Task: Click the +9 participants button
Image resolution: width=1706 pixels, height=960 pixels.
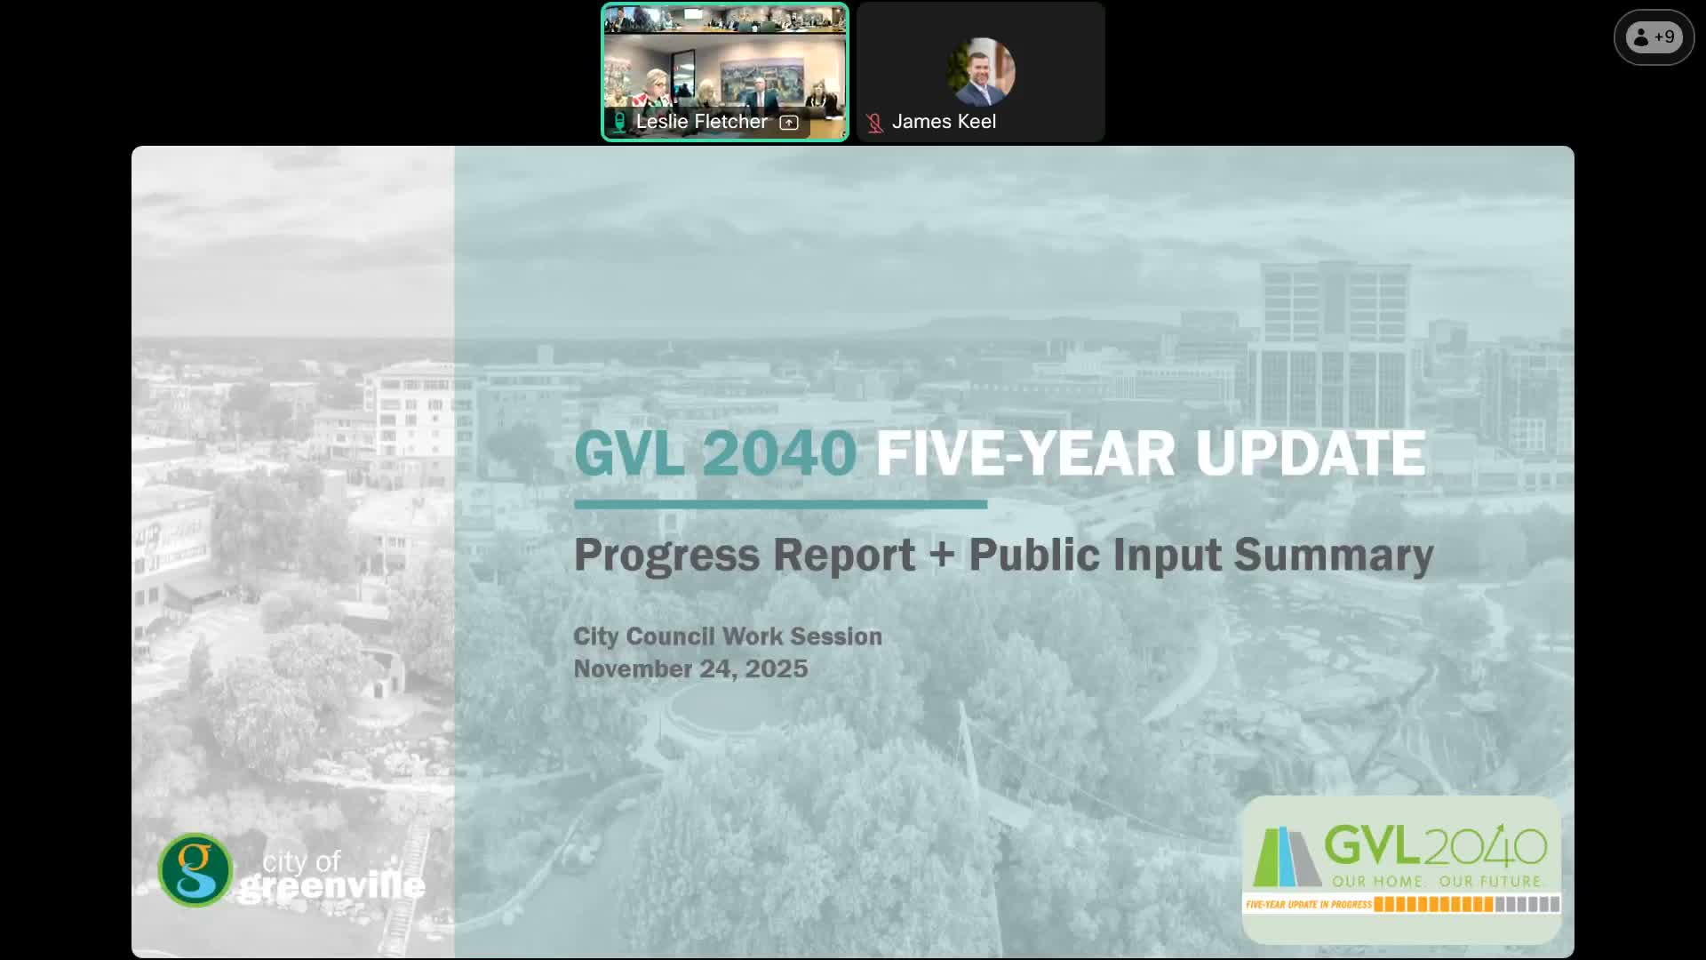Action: (x=1654, y=37)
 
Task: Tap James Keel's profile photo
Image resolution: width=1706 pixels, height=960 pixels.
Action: (x=981, y=71)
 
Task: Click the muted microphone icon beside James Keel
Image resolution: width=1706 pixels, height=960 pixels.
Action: (x=874, y=123)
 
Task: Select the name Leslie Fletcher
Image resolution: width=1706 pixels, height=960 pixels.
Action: (x=701, y=122)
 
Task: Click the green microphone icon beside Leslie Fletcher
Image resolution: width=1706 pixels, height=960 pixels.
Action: (x=619, y=122)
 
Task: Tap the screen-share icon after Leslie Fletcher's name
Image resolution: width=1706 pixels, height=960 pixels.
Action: (x=789, y=123)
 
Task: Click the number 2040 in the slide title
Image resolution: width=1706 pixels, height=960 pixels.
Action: (x=779, y=453)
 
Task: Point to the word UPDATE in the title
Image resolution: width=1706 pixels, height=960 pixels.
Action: (x=1310, y=453)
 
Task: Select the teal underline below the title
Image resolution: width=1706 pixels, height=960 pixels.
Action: (x=780, y=504)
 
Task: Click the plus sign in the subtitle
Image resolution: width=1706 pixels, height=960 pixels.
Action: (x=941, y=554)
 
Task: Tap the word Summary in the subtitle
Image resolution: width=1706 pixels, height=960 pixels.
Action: (x=1333, y=555)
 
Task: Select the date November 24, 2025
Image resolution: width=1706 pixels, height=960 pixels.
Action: (x=690, y=668)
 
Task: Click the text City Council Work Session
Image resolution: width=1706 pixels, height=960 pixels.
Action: (x=727, y=636)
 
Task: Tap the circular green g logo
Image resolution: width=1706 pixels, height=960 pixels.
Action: (x=195, y=869)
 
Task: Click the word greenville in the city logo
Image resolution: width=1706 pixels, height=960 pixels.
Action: (x=331, y=886)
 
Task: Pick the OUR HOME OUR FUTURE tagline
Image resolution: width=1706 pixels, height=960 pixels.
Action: (x=1435, y=881)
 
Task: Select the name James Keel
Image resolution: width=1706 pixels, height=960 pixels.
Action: (x=943, y=122)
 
